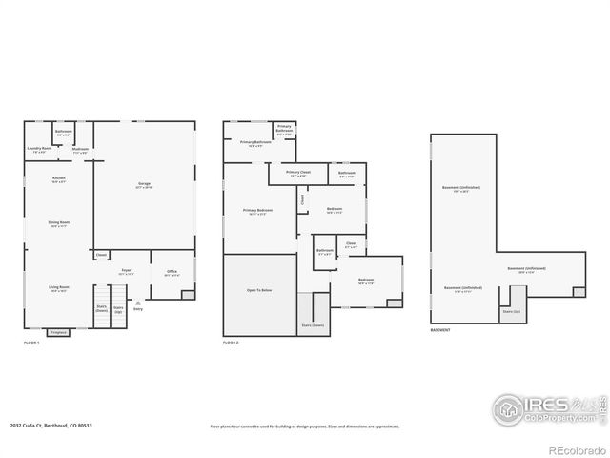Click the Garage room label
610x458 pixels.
click(x=145, y=184)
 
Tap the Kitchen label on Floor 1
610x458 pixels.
click(x=59, y=178)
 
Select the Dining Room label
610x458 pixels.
click(x=59, y=223)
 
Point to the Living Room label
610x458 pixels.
click(x=59, y=287)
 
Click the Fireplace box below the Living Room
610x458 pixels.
click(x=59, y=332)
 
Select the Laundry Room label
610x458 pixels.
click(x=38, y=149)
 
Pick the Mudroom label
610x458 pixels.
click(x=80, y=150)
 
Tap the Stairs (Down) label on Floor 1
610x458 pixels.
click(x=101, y=307)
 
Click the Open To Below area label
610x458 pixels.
click(x=259, y=289)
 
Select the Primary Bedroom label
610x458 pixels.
click(x=257, y=211)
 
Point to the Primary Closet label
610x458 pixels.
click(x=297, y=174)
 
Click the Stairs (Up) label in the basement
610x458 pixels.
click(x=512, y=312)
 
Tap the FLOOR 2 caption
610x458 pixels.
click(x=232, y=343)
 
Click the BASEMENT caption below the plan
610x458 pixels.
click(x=440, y=331)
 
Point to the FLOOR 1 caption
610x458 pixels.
click(x=31, y=343)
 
